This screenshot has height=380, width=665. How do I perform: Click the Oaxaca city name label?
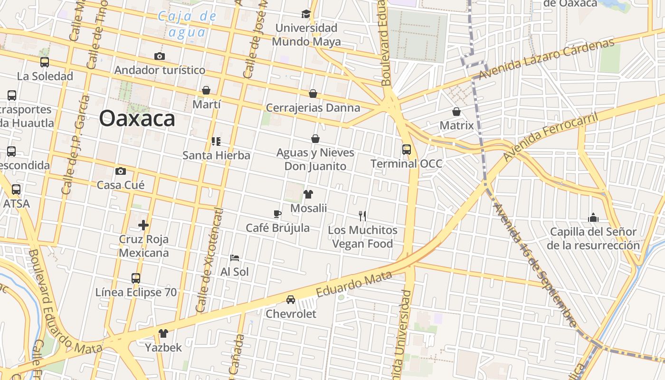tap(137, 119)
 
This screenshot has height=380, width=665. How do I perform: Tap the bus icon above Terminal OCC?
tap(406, 150)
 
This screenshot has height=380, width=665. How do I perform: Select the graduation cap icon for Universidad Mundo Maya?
tap(306, 14)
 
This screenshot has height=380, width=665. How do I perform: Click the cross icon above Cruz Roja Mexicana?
tap(143, 225)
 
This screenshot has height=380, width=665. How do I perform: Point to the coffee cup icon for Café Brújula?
tap(277, 214)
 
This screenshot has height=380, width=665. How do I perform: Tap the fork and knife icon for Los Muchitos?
tap(362, 216)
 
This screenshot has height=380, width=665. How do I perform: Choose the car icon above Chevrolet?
tap(291, 300)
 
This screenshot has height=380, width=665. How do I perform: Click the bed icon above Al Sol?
tap(234, 258)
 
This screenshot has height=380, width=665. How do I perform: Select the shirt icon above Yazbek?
tap(163, 333)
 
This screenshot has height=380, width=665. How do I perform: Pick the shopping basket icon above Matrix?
tap(456, 112)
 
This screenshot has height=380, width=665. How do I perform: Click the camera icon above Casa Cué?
tap(121, 171)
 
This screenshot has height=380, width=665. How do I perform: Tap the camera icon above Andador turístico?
tap(160, 56)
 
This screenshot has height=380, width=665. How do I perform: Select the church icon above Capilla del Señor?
tap(593, 218)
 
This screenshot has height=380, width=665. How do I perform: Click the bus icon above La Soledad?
tap(45, 62)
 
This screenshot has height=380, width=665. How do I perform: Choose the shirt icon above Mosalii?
tap(308, 194)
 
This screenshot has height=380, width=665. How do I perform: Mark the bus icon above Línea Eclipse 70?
tap(136, 278)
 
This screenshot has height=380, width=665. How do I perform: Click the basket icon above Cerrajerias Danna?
tap(313, 94)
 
